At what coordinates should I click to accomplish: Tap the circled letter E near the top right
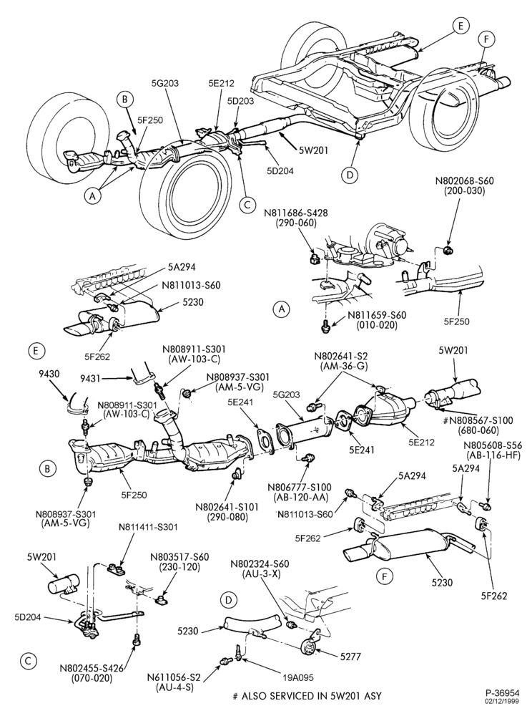[461, 26]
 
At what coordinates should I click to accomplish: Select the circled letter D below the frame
[350, 175]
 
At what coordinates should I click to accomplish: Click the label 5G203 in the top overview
[165, 83]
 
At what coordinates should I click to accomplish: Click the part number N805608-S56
[493, 445]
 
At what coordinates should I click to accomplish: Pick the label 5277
[350, 657]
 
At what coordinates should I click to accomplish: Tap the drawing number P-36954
[501, 692]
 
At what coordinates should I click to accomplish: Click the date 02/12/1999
[501, 700]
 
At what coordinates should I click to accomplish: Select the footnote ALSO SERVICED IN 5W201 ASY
[310, 697]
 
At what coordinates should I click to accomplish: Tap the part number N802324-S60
[260, 564]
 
